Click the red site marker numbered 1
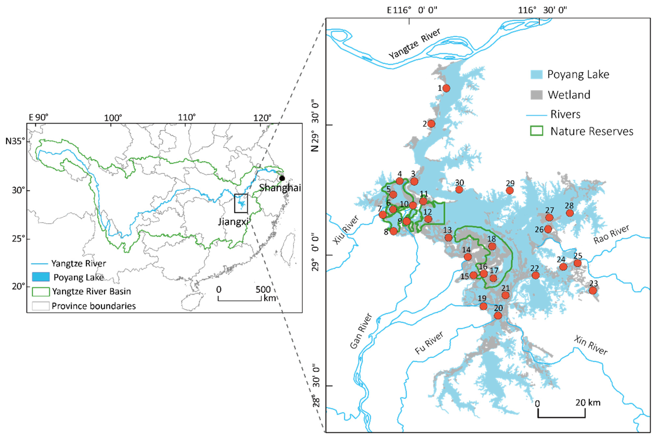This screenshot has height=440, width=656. (x=446, y=88)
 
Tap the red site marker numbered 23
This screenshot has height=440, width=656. (x=593, y=290)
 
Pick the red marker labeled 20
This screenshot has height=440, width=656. (x=498, y=316)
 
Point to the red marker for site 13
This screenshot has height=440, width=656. (x=448, y=238)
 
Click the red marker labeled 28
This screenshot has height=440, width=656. (x=570, y=213)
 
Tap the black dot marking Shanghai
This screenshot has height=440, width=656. (x=282, y=178)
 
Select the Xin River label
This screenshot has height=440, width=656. (x=590, y=345)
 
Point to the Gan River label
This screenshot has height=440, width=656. (x=361, y=331)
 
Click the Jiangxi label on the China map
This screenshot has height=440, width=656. (x=233, y=222)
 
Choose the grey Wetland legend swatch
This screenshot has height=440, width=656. (x=536, y=95)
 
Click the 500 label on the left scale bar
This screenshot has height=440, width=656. (x=263, y=289)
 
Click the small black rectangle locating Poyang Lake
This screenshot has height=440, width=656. (x=241, y=203)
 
